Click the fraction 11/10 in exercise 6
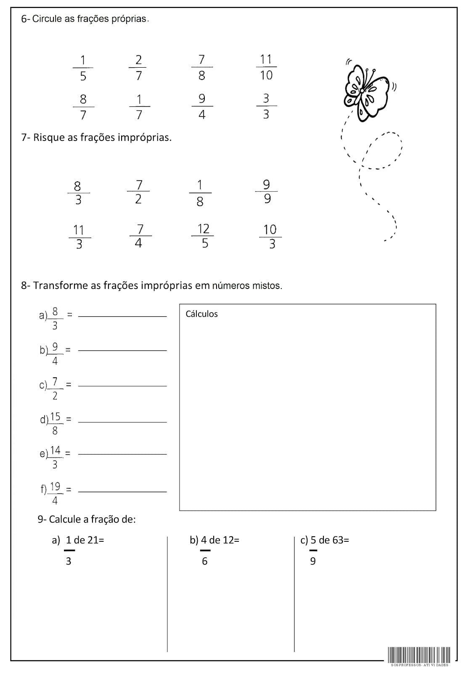(266, 67)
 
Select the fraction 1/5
(83, 68)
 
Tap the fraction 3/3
(266, 106)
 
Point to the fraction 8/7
(83, 107)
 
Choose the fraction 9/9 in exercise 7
(267, 191)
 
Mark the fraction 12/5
(204, 236)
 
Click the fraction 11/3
(79, 237)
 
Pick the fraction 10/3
(270, 236)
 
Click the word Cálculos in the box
(202, 314)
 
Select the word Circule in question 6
(48, 19)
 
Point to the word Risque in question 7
(49, 138)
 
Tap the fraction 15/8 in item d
(55, 423)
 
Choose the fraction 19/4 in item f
(55, 493)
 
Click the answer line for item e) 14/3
(122, 454)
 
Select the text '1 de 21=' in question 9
(85, 540)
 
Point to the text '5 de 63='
(330, 540)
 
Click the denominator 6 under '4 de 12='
(205, 561)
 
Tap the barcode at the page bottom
(419, 655)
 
